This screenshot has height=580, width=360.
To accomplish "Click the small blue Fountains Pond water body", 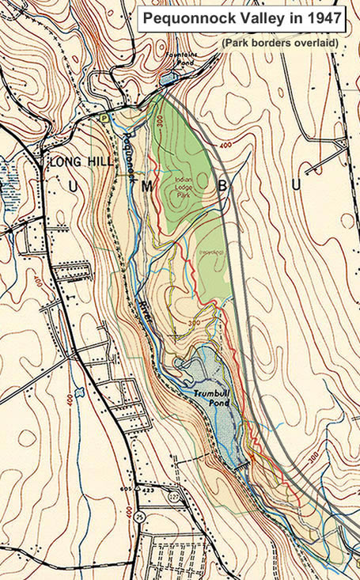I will (x=169, y=78).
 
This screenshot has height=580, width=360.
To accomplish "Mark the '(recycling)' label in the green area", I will (x=210, y=252).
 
